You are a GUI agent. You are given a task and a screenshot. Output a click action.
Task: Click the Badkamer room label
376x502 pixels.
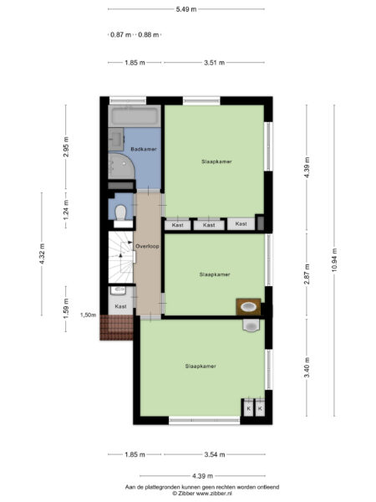[144, 149]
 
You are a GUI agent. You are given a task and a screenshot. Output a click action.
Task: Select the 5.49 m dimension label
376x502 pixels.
[186, 9]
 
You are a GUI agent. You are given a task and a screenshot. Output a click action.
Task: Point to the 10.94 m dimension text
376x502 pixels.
[335, 259]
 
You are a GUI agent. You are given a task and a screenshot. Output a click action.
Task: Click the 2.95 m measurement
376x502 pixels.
[66, 146]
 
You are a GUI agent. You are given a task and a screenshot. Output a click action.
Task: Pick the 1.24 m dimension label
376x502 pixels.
[66, 213]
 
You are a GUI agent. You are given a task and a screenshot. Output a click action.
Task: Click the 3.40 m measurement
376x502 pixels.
[307, 367]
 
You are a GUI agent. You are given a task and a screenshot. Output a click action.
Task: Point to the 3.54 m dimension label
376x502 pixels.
[216, 454]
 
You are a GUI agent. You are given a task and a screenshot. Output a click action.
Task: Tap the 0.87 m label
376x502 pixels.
[121, 34]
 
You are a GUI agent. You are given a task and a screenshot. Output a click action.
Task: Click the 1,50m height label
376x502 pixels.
[87, 315]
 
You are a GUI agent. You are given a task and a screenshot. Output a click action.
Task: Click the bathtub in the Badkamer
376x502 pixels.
[135, 115]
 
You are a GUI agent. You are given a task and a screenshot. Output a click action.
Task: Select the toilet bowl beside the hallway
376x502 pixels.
[121, 211]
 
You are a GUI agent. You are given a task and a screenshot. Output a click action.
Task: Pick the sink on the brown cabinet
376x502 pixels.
[249, 306]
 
